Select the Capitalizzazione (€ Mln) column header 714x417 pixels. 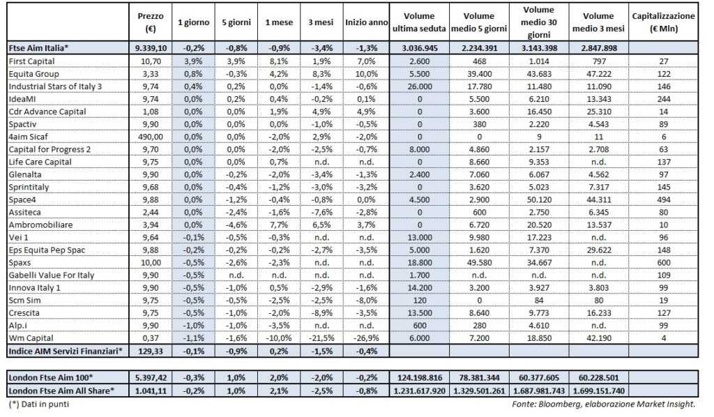click(x=664, y=22)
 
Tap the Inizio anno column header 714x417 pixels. click(x=366, y=22)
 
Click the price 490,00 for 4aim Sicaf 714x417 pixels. click(x=151, y=137)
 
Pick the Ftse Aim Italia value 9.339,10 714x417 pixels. click(x=151, y=47)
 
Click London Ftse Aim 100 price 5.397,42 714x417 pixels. click(x=151, y=377)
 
